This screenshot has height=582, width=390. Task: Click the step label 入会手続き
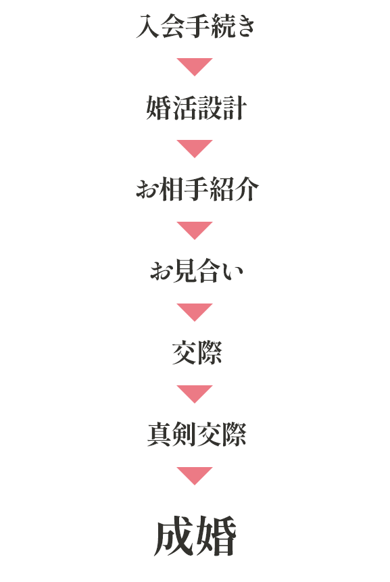[195, 26]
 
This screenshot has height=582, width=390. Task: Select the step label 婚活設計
[196, 108]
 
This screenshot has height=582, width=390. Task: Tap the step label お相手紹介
[197, 189]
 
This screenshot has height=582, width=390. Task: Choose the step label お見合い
[197, 271]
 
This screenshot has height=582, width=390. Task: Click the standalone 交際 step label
[197, 353]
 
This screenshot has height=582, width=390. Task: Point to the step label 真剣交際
[197, 435]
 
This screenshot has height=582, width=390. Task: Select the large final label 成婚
[195, 536]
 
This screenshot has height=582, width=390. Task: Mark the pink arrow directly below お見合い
[195, 311]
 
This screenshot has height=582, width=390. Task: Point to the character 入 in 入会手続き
[148, 26]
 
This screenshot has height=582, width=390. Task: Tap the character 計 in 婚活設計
[235, 108]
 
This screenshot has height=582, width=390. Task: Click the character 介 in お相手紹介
[247, 189]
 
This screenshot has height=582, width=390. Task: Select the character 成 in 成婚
[174, 536]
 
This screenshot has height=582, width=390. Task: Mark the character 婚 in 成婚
[217, 536]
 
